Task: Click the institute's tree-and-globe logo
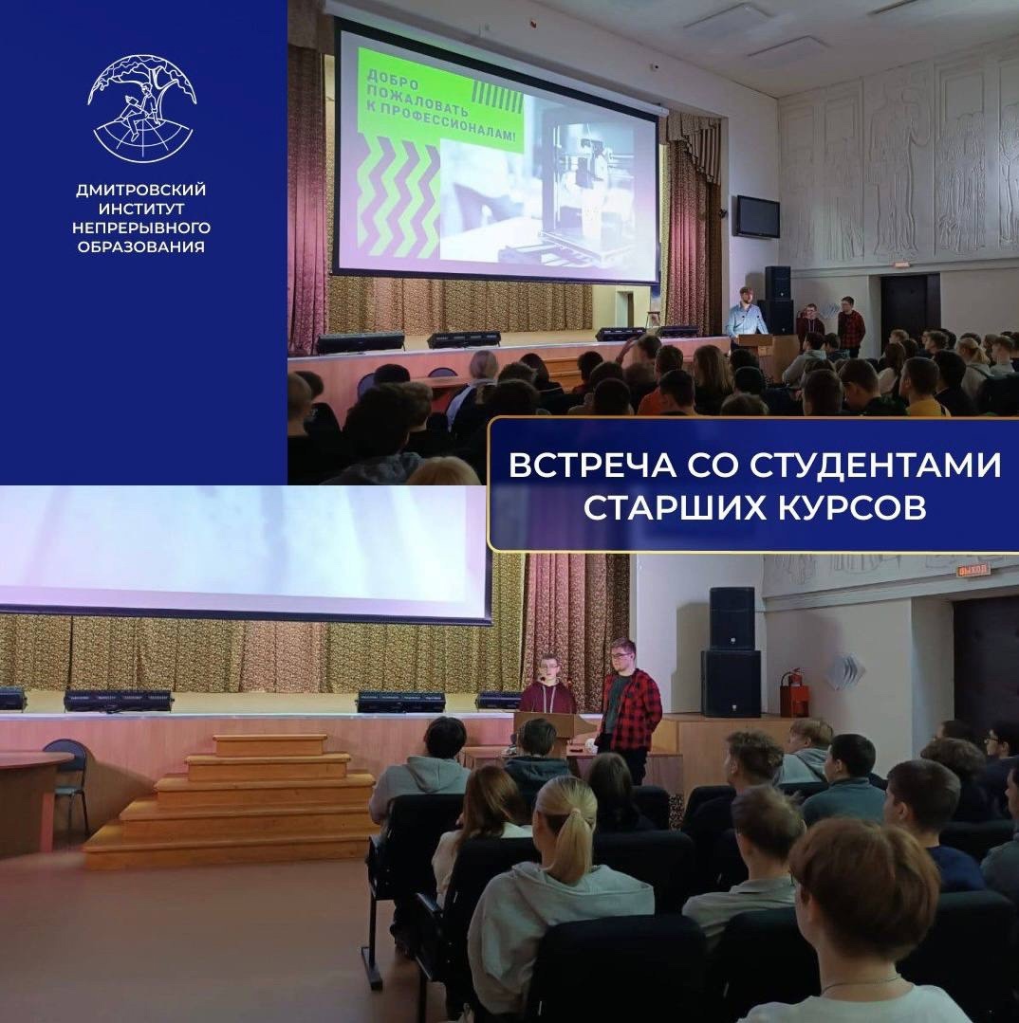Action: click(142, 108)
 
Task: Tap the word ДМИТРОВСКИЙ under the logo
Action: click(141, 190)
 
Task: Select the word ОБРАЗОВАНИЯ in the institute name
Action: click(141, 247)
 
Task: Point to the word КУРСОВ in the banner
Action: click(851, 507)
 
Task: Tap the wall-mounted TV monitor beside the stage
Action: click(757, 216)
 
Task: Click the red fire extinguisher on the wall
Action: click(795, 693)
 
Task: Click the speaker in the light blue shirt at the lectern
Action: click(746, 313)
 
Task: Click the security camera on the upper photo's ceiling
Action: click(655, 66)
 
